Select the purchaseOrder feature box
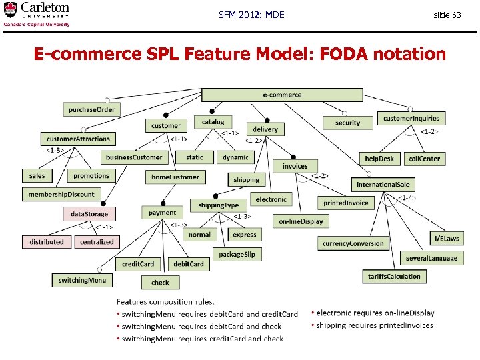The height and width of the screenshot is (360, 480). click(x=92, y=109)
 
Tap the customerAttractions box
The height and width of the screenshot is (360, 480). click(x=78, y=139)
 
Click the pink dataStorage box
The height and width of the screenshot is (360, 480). click(x=89, y=214)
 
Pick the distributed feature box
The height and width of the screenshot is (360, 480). click(x=47, y=242)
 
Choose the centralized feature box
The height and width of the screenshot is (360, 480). click(x=97, y=242)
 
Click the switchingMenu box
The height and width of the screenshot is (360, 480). click(x=82, y=281)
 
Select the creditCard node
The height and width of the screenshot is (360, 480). click(x=138, y=264)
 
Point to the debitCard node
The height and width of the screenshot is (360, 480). click(x=189, y=264)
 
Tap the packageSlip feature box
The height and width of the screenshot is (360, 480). click(x=237, y=254)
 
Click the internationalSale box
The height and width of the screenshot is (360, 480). click(x=383, y=185)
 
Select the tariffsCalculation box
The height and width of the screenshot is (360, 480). click(x=394, y=276)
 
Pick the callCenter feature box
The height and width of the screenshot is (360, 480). click(x=424, y=159)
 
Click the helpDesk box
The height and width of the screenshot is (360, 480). click(x=379, y=159)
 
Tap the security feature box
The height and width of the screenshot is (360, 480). click(x=347, y=123)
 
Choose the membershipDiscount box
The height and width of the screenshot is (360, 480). click(x=61, y=194)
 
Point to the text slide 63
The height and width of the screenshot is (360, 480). click(x=447, y=15)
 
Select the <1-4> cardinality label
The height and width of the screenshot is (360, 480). click(x=407, y=197)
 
